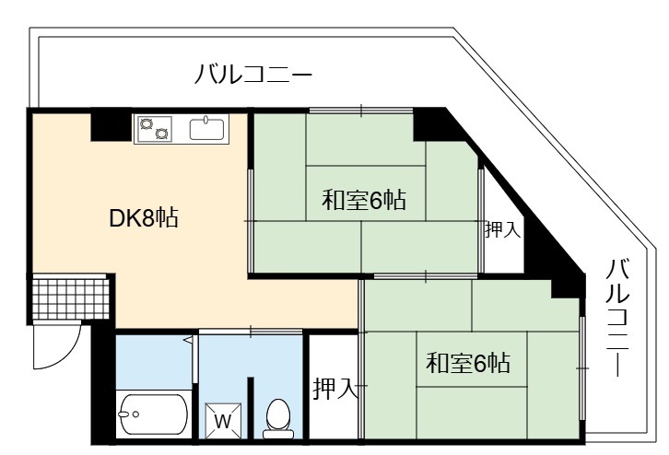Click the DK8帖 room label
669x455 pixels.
(x=144, y=218)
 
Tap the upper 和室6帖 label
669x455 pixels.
(x=363, y=200)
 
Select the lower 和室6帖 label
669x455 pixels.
(x=468, y=363)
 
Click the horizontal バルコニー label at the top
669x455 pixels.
(x=253, y=75)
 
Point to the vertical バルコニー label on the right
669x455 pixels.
(x=618, y=317)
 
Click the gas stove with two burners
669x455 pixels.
(x=154, y=128)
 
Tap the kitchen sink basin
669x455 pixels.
(x=206, y=129)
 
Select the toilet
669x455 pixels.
(x=278, y=419)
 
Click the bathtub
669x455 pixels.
(x=152, y=414)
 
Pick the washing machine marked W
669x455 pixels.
(x=223, y=421)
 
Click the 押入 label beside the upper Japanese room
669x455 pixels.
(x=503, y=230)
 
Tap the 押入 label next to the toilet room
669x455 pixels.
(x=335, y=389)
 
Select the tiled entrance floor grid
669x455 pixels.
(x=69, y=299)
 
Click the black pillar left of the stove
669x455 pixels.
(x=111, y=126)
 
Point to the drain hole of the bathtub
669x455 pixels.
(x=135, y=414)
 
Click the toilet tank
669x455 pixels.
(x=278, y=434)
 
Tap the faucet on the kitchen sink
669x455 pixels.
(x=206, y=119)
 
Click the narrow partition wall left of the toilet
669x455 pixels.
(x=251, y=408)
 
